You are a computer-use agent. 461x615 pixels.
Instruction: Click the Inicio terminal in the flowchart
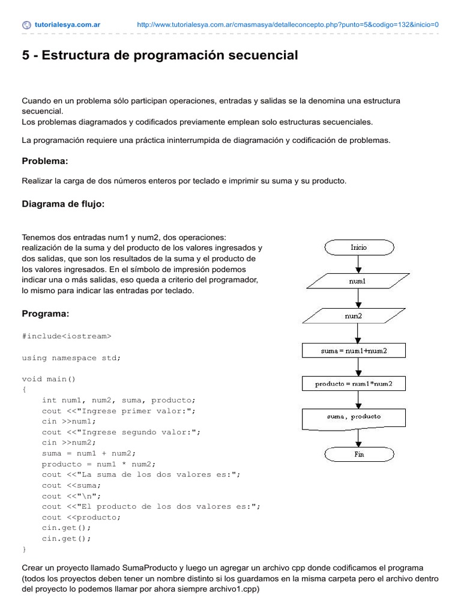click(358, 247)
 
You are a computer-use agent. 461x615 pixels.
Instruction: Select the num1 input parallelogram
click(358, 280)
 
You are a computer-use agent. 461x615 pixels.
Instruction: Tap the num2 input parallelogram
click(358, 315)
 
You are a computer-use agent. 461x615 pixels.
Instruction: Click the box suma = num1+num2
click(358, 350)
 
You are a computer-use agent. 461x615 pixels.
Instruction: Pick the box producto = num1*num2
click(358, 384)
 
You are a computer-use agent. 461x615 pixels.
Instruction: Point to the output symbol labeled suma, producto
click(358, 417)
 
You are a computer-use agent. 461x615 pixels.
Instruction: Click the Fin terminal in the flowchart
click(358, 454)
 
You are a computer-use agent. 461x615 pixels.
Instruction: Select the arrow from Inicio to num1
click(358, 263)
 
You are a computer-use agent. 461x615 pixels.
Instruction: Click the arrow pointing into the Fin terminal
click(358, 437)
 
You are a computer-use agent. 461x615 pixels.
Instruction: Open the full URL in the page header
click(288, 25)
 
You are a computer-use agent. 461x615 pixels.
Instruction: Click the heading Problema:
click(45, 161)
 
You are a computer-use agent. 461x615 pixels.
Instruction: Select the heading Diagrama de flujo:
click(63, 204)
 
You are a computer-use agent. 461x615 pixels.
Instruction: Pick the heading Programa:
click(45, 314)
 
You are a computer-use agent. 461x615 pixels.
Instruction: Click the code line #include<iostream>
click(67, 336)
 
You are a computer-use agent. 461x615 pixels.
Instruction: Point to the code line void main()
click(49, 379)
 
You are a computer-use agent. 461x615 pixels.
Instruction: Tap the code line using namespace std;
click(71, 357)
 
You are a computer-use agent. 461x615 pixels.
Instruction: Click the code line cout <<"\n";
click(71, 495)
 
